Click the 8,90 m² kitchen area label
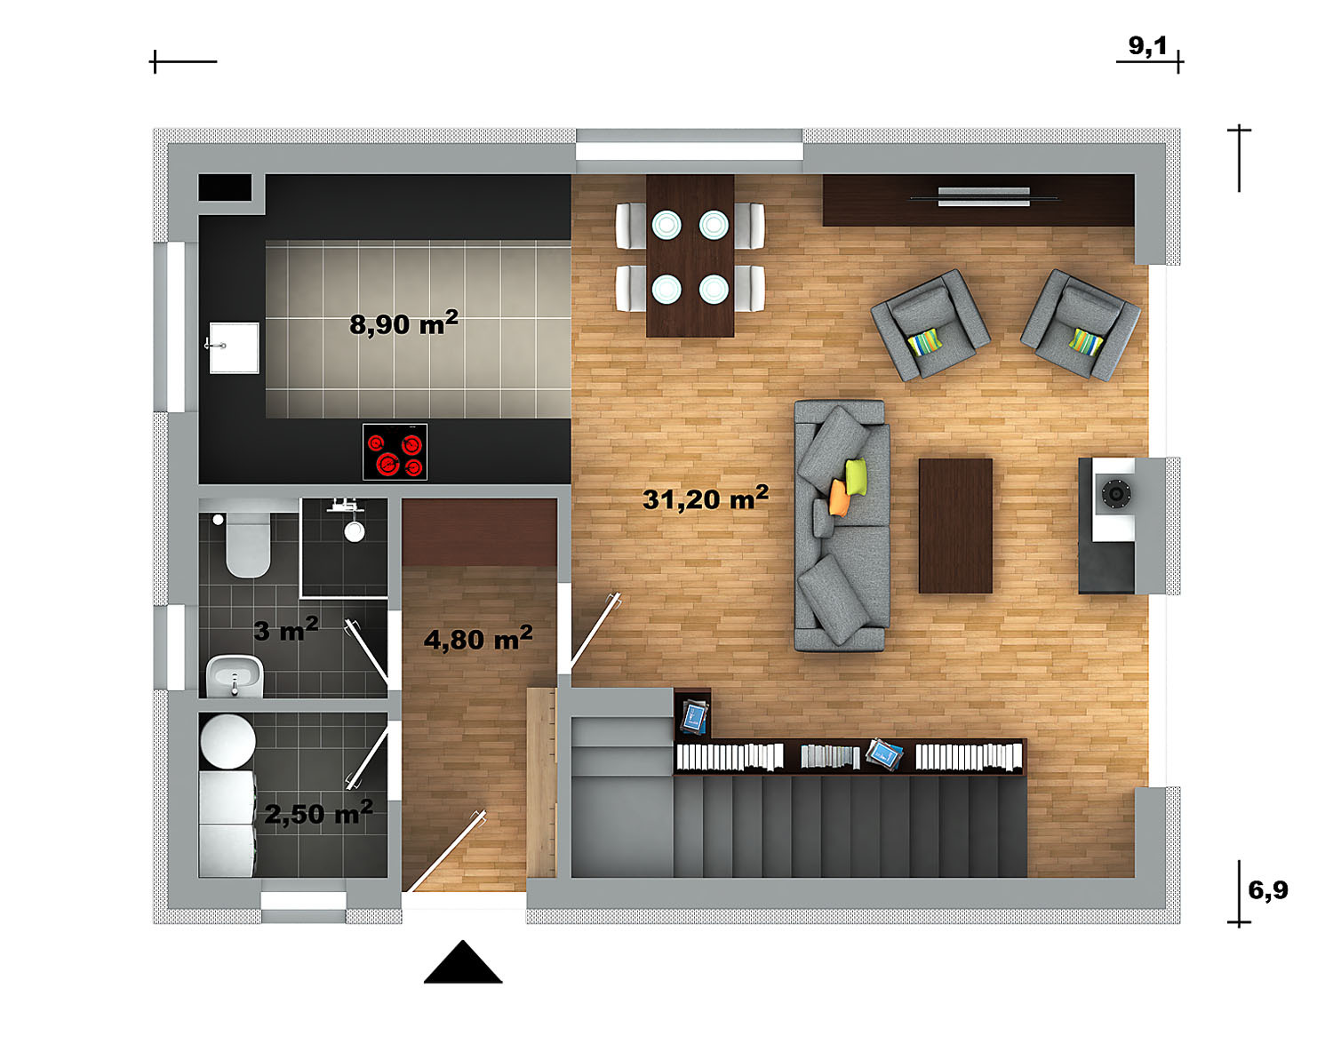(403, 323)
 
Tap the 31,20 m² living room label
(706, 498)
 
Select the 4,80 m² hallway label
(478, 638)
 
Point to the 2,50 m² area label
(318, 812)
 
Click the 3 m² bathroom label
(286, 629)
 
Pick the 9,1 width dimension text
(1147, 45)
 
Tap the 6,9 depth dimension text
(1268, 890)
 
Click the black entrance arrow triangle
(463, 962)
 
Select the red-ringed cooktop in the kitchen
(395, 451)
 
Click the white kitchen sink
(234, 347)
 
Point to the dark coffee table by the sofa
(955, 525)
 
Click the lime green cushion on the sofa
(856, 476)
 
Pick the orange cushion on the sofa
(839, 498)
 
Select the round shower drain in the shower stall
(355, 531)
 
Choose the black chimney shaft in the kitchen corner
(225, 187)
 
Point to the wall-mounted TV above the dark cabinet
(984, 197)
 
